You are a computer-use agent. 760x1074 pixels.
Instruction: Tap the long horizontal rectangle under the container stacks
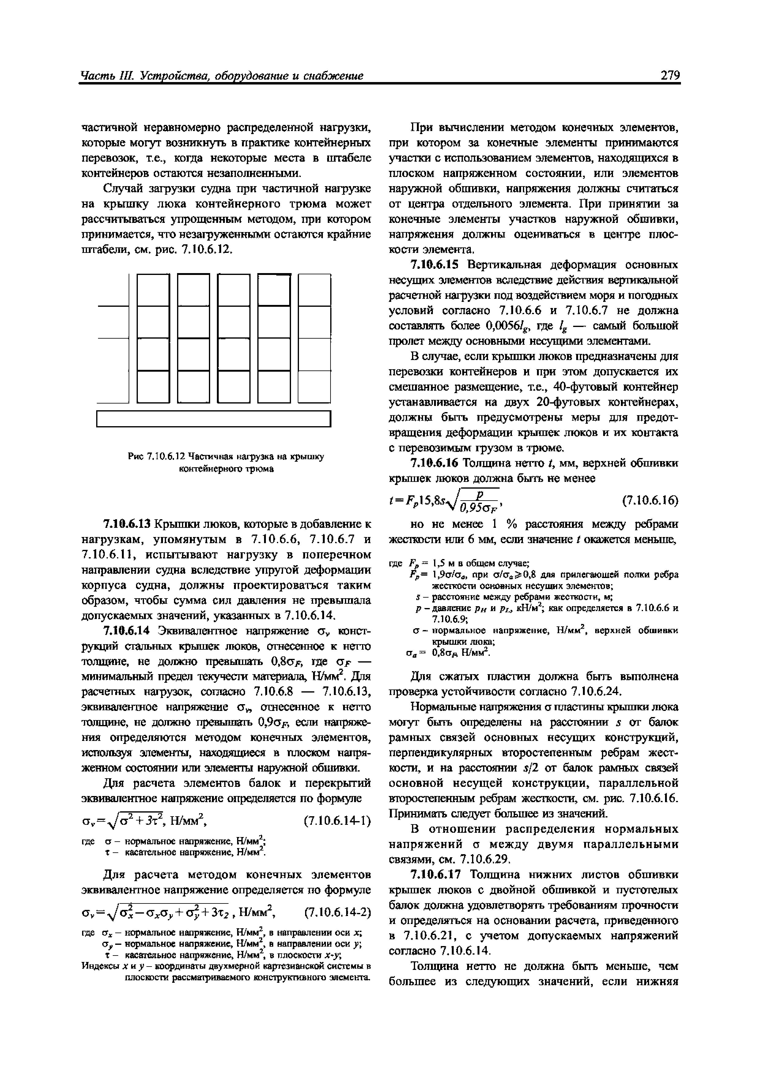214,419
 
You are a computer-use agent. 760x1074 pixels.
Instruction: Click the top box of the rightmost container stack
315,290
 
